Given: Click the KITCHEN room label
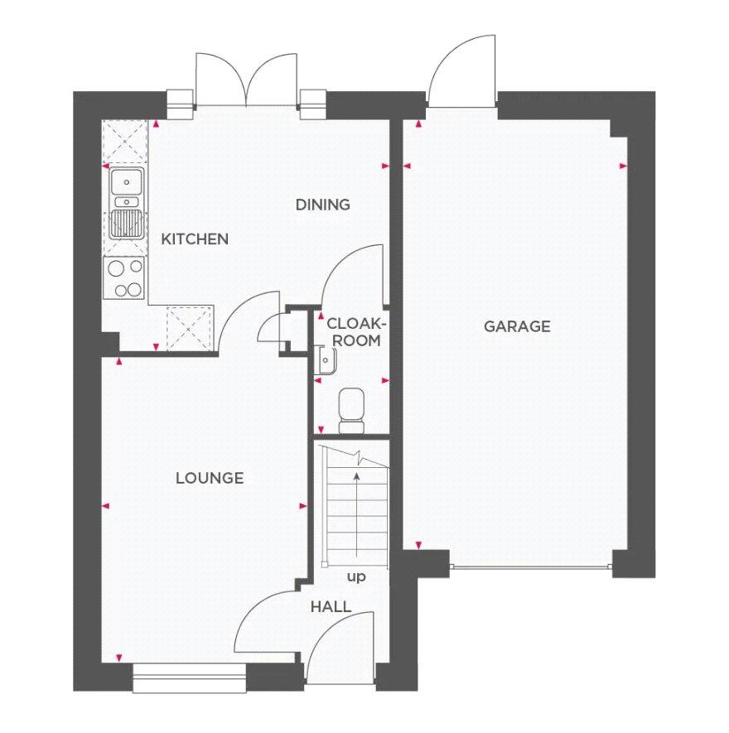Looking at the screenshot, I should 195,239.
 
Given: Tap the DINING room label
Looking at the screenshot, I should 323,205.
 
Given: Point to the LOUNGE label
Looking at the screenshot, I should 210,478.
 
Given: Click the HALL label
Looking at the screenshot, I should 331,607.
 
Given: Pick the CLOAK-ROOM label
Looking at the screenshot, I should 353,331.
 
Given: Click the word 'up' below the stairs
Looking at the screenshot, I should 356,576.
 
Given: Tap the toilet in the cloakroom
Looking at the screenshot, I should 352,411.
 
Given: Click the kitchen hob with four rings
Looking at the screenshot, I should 125,277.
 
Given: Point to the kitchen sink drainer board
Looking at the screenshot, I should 126,224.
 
